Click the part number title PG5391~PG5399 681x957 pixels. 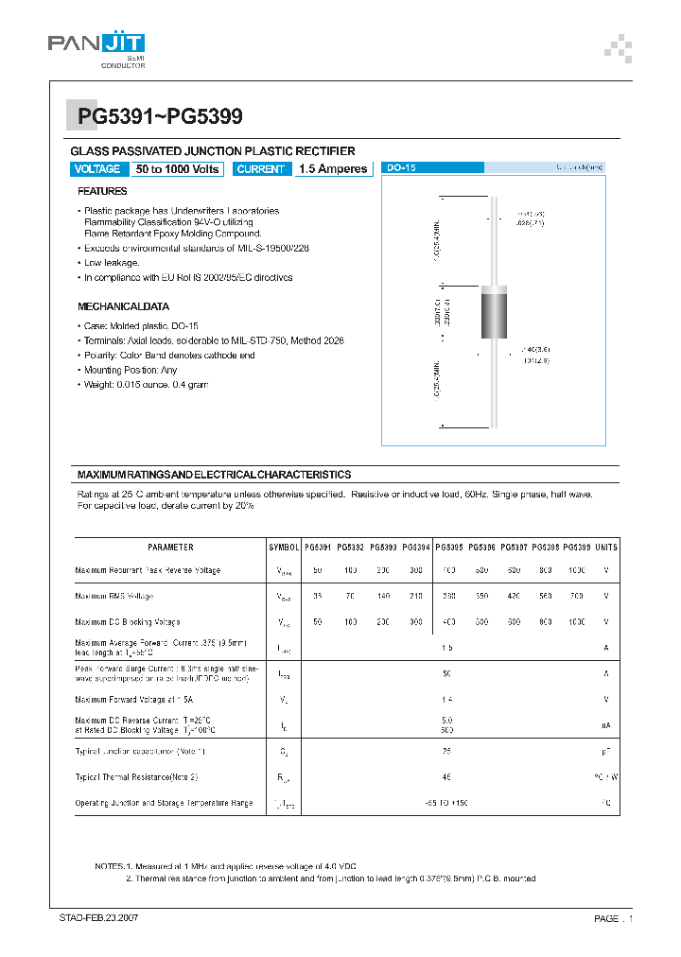tap(160, 117)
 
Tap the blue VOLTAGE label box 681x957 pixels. tap(96, 169)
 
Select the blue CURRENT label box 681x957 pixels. tap(261, 169)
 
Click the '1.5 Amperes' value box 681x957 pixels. tap(332, 169)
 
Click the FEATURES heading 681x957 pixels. tap(102, 191)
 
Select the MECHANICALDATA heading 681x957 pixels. tap(123, 306)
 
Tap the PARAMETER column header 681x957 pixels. tap(170, 548)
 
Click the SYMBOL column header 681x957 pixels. tap(284, 548)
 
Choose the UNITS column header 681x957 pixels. tap(606, 548)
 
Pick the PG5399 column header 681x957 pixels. tap(576, 548)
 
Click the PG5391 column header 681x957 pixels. tap(318, 548)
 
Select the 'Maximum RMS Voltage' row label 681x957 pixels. tap(113, 597)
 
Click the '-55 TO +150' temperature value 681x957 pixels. tap(446, 803)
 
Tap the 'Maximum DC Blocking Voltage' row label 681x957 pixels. tap(127, 622)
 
